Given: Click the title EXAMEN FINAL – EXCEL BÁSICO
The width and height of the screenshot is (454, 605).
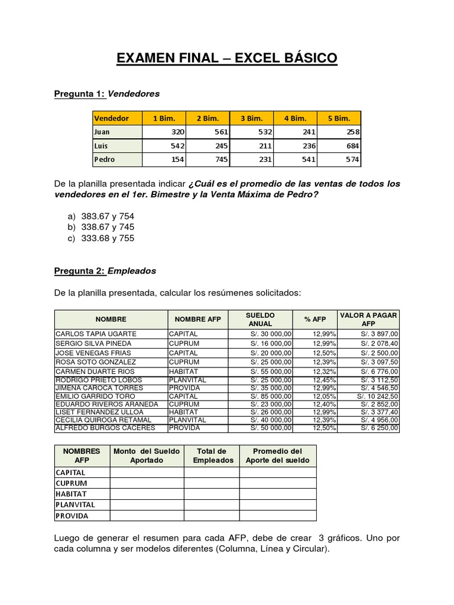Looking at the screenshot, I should coord(227,58).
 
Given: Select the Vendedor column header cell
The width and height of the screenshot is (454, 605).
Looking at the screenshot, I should coord(117,118).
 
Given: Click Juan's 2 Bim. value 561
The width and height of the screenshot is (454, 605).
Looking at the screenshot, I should coord(207,132).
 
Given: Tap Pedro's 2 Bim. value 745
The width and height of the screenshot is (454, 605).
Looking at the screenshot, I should coord(207,160).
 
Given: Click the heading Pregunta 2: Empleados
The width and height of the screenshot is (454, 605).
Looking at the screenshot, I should coord(105,271).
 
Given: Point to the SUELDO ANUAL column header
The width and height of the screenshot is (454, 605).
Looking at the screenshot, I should coord(260,319).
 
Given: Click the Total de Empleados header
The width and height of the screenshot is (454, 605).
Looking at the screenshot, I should coord(211,456).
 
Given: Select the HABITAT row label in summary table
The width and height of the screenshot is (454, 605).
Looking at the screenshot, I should coord(71,494).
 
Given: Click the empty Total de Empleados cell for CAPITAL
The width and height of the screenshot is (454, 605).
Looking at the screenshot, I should coord(211,473).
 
